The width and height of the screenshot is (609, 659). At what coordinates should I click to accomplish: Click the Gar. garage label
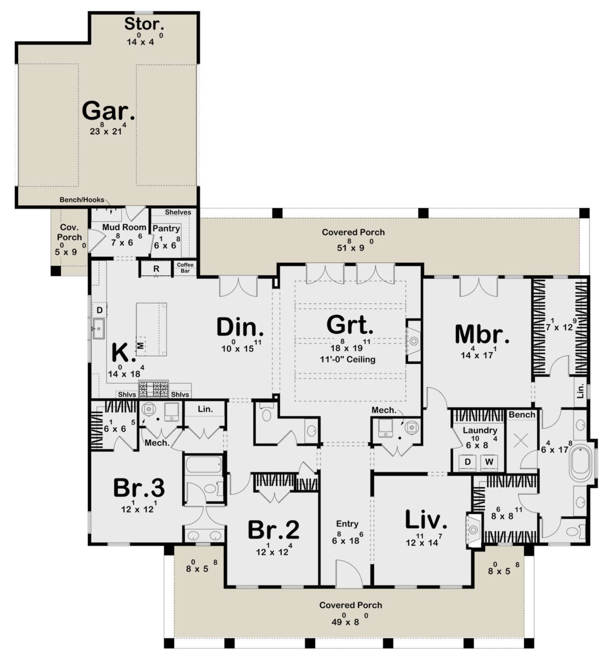click(108, 111)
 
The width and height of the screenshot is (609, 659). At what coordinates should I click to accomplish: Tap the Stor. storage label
click(144, 24)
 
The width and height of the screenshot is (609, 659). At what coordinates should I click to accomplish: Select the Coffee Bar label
click(185, 268)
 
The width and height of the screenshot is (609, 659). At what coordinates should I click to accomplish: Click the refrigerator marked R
click(156, 269)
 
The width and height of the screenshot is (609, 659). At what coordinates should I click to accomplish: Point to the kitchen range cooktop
click(154, 389)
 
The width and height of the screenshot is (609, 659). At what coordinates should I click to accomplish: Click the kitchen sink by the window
click(98, 328)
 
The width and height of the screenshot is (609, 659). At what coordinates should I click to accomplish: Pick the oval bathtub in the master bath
click(581, 462)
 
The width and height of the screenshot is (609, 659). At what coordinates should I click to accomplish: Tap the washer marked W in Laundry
click(489, 462)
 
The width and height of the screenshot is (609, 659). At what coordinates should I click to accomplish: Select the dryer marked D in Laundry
click(467, 462)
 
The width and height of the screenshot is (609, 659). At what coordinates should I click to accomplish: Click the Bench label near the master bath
click(522, 415)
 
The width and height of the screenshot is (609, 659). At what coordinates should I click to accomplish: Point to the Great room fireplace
click(413, 341)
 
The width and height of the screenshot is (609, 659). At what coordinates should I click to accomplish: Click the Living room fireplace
click(474, 530)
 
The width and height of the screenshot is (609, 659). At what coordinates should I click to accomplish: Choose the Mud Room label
click(124, 227)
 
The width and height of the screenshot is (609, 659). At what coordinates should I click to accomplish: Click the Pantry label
click(166, 229)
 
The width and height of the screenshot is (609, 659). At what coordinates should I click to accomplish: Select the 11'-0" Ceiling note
click(348, 359)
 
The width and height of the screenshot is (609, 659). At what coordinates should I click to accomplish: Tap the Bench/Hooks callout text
click(82, 200)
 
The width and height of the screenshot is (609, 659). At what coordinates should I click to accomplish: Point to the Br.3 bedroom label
click(139, 488)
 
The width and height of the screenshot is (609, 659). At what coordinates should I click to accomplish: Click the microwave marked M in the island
click(141, 345)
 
